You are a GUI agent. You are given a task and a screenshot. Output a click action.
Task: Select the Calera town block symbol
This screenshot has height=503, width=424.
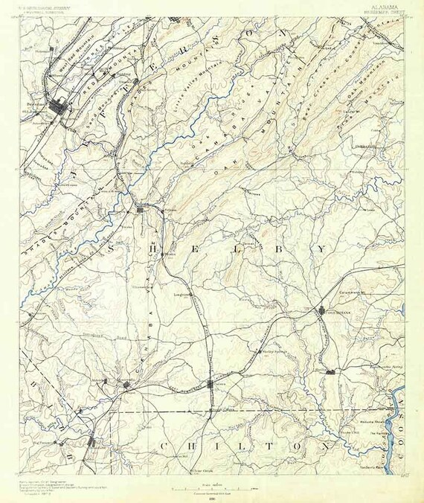(212, 384)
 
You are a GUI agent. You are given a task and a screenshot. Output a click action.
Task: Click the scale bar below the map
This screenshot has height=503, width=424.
(211, 489)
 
